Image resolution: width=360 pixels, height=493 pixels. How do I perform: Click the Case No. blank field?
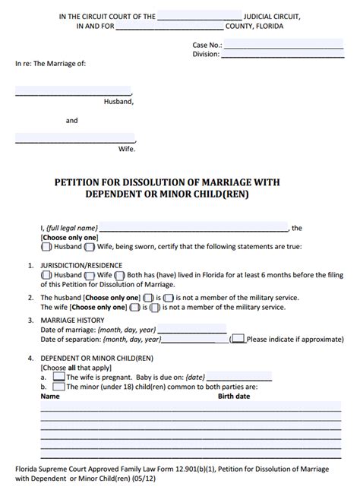pyautogui.click(x=283, y=45)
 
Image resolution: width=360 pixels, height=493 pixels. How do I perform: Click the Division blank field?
pyautogui.click(x=283, y=54)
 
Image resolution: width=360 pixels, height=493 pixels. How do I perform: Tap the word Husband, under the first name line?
pyautogui.click(x=118, y=100)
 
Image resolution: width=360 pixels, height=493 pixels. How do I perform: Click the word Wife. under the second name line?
pyautogui.click(x=126, y=149)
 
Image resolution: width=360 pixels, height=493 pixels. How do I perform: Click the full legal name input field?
pyautogui.click(x=194, y=227)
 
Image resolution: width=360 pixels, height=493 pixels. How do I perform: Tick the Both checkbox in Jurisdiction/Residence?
pyautogui.click(x=120, y=275)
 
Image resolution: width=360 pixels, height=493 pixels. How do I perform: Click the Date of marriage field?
pyautogui.click(x=182, y=330)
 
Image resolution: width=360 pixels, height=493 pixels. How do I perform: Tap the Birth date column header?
pyautogui.click(x=234, y=397)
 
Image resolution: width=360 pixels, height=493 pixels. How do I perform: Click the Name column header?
pyautogui.click(x=49, y=397)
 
